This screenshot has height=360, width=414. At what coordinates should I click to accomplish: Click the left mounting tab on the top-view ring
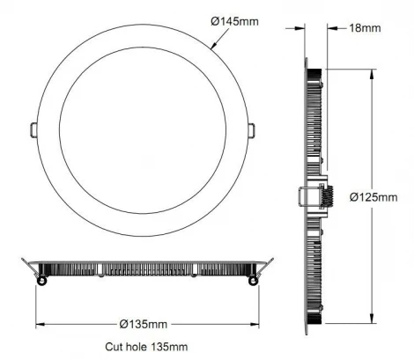coord(33,129)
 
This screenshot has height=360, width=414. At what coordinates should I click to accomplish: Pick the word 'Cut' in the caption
coord(113,348)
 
